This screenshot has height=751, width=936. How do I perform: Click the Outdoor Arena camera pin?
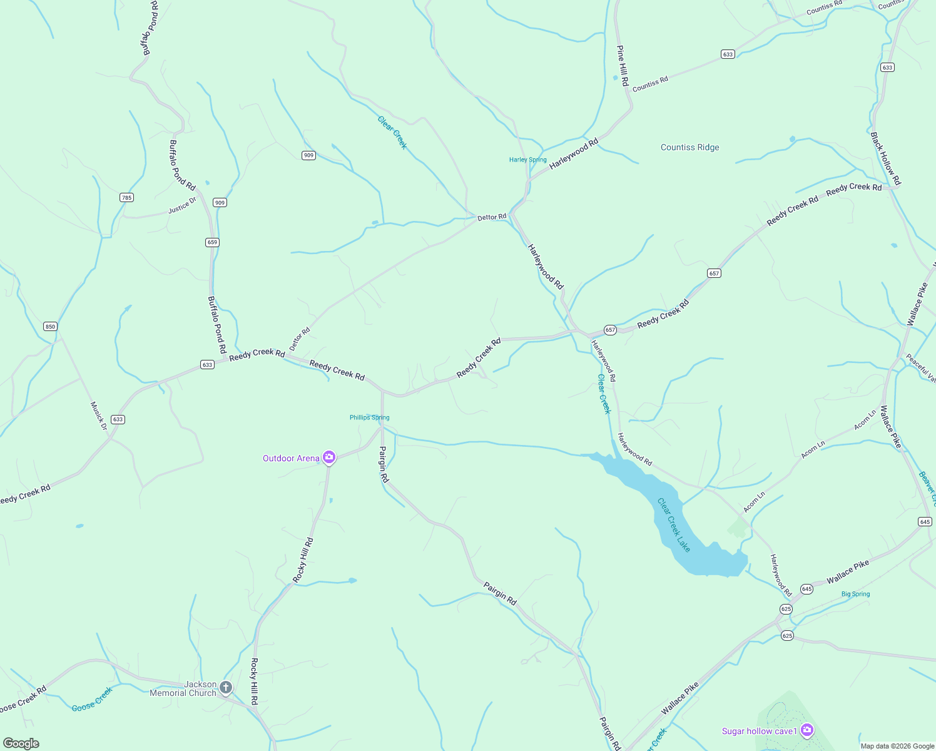329,457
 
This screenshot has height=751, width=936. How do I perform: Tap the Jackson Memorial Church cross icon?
226,688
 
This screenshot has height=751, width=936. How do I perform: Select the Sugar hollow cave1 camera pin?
807,730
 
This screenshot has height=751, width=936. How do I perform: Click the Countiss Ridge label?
689,148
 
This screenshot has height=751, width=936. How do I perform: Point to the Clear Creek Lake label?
674,525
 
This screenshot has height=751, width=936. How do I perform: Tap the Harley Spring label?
527,160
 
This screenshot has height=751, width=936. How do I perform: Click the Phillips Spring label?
369,417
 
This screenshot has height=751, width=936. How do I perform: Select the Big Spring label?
855,594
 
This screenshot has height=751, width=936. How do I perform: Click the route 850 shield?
50,326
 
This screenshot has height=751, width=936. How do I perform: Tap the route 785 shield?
126,197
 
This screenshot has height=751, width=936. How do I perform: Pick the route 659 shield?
212,242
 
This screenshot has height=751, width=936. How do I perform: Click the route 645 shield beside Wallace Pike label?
806,589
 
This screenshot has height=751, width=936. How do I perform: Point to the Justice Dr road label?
182,205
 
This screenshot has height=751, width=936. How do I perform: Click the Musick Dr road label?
99,416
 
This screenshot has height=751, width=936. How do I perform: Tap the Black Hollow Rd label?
886,158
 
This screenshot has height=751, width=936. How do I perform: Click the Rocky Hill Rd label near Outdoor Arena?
303,560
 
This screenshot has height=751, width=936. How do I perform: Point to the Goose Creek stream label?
92,699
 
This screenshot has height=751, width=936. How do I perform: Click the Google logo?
21,743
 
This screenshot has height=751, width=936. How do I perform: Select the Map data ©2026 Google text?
897,746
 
